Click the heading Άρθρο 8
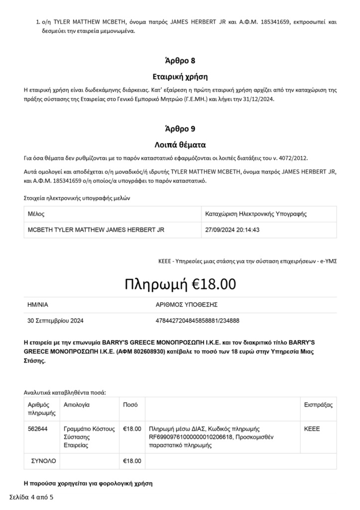180,61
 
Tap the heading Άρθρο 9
180,128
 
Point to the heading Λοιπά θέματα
180,145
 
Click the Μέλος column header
36,214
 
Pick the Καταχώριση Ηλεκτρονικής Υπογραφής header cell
255,214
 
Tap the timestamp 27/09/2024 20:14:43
233,230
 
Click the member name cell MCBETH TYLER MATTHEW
96,230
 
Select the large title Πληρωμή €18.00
180,284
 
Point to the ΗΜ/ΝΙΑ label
38,304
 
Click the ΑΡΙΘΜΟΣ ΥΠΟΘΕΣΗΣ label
187,304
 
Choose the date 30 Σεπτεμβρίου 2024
56,320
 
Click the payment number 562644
38,428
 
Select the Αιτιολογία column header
77,404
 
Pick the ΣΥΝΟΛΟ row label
42,461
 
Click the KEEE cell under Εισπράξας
312,428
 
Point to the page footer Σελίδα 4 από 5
31,497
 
